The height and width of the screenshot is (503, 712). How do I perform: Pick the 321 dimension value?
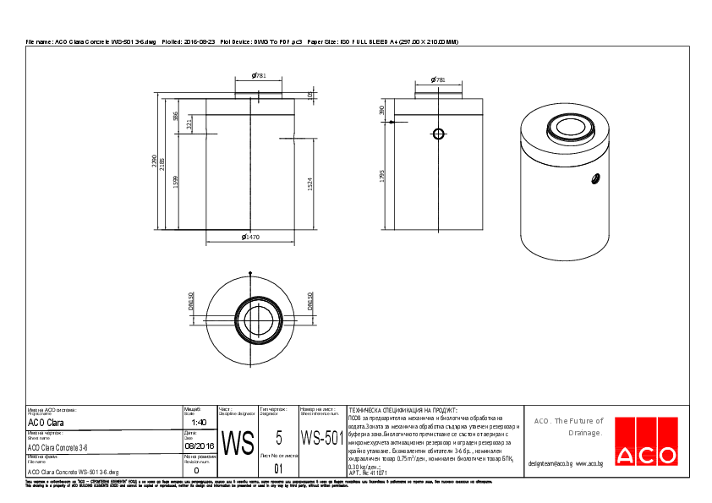coord(189,123)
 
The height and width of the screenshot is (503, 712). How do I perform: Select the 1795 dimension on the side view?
coord(382,175)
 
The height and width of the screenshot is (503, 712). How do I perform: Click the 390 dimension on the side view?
coord(382,110)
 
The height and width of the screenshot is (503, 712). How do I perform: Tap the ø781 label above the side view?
coord(438,79)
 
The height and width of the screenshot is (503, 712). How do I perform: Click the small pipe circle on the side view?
coord(438,134)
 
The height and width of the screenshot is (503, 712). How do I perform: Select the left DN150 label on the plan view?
coord(192,302)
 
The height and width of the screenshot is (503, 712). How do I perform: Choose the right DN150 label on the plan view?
coord(310,302)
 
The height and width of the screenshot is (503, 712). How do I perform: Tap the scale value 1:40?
coord(199,422)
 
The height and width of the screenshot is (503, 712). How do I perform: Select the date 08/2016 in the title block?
coord(199,446)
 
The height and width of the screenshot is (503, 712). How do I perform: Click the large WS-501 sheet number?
coord(321,440)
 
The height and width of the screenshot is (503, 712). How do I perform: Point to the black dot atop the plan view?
coord(250,273)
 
